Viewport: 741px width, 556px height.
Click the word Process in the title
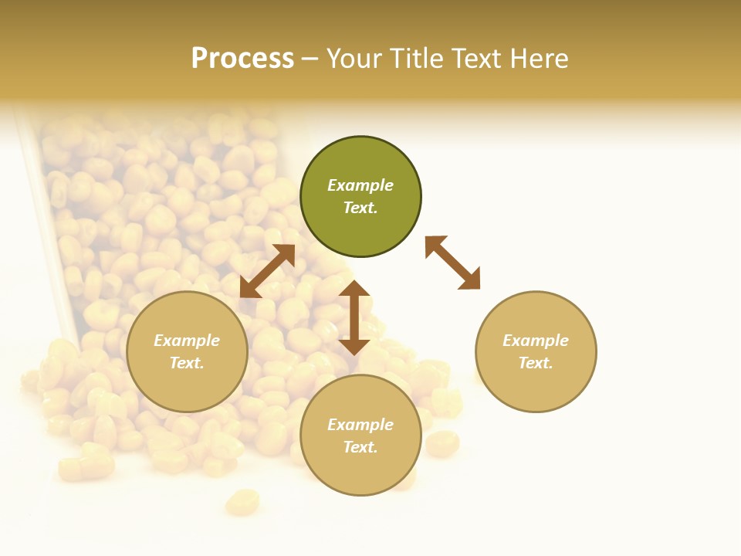(242, 59)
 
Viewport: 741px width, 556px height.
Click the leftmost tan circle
(187, 351)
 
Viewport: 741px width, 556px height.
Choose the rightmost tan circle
(536, 351)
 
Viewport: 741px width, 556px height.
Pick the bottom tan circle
(360, 435)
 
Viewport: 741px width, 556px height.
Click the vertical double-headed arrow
(354, 317)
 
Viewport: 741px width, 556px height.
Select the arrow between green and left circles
(267, 271)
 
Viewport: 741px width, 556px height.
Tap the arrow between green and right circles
(452, 263)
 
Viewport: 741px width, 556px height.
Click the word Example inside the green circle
(360, 185)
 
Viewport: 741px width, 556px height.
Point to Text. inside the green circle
(360, 208)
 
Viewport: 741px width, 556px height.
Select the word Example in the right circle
(536, 341)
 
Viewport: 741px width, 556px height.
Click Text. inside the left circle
(187, 363)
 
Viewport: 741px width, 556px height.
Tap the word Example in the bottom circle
(360, 425)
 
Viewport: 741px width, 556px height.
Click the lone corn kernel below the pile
(242, 502)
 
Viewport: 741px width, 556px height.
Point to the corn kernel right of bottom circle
(442, 443)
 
